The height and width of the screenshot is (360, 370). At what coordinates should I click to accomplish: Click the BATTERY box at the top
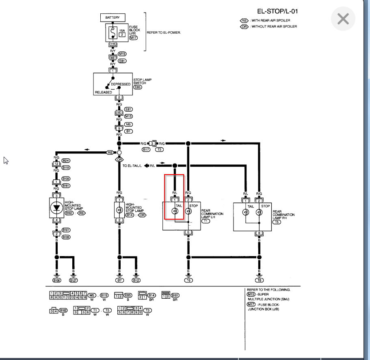[113, 17]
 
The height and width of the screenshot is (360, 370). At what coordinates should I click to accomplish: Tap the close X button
[343, 19]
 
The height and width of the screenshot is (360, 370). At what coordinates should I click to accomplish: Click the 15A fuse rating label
[122, 30]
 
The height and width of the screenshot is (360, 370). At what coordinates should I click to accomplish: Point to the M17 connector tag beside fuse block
[134, 38]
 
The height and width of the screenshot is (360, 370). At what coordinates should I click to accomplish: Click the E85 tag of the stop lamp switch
[138, 87]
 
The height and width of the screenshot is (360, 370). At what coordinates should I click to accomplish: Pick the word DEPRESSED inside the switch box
[121, 84]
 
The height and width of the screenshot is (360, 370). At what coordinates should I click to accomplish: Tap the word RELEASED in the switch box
[103, 92]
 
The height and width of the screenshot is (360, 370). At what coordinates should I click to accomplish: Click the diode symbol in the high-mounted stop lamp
[56, 207]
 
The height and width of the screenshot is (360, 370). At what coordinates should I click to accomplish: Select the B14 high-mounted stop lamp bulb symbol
[119, 210]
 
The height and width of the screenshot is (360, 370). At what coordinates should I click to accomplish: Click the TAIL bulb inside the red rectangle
[175, 211]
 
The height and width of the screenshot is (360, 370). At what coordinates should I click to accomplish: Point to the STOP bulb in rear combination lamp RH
[259, 212]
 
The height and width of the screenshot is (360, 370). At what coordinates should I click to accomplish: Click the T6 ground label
[188, 280]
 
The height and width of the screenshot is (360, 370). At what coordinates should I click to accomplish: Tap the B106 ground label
[56, 280]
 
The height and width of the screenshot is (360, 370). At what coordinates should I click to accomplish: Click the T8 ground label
[259, 280]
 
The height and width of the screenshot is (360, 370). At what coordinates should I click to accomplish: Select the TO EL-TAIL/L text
[132, 166]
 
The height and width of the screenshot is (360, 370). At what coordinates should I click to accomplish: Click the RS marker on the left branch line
[110, 153]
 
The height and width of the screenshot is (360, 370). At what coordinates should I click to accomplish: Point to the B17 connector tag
[146, 149]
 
